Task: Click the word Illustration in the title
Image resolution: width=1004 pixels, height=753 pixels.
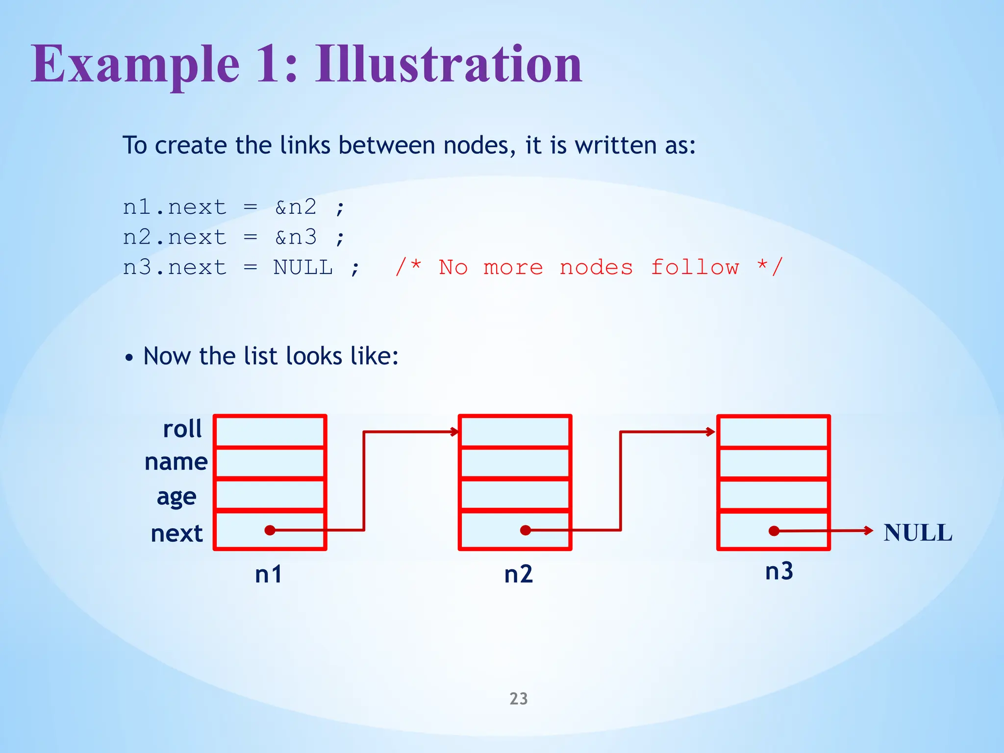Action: (x=448, y=64)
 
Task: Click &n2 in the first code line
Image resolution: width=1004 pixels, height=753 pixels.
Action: (x=296, y=207)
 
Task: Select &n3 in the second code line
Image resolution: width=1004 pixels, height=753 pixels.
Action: (x=296, y=237)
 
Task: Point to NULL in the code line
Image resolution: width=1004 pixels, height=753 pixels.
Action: (x=303, y=268)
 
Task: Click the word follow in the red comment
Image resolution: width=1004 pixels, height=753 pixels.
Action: (x=695, y=268)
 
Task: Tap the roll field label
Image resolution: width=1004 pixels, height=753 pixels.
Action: (x=182, y=429)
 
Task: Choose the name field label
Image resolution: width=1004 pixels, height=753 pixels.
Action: (x=176, y=462)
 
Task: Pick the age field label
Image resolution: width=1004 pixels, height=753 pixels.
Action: (x=176, y=497)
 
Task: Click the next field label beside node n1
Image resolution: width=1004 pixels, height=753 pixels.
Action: (x=176, y=533)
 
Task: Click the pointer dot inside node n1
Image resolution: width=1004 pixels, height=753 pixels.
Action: (x=270, y=530)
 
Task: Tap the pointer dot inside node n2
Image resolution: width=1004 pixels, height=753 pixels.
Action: (x=526, y=530)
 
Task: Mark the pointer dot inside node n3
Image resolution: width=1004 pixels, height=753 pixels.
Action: (x=774, y=531)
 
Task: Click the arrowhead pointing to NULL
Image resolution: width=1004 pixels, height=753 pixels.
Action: (x=869, y=530)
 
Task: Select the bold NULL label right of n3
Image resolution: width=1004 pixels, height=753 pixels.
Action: (x=918, y=533)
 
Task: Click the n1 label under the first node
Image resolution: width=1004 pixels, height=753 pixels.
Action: (x=269, y=574)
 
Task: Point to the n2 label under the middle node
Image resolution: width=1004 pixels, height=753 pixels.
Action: (x=518, y=574)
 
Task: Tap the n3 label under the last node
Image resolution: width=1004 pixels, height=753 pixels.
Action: (x=779, y=571)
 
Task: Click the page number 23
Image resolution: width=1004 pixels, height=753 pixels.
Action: (x=519, y=699)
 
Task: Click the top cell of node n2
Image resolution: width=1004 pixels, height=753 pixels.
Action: (x=515, y=431)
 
